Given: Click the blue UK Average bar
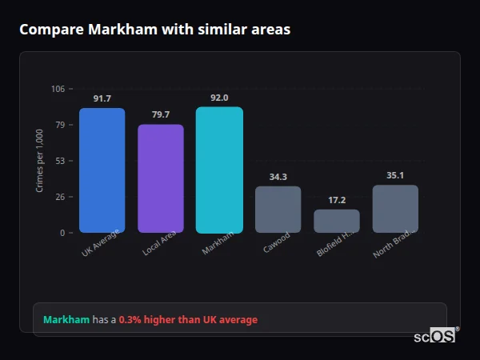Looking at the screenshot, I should (x=102, y=170).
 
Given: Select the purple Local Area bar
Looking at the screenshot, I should (x=161, y=178).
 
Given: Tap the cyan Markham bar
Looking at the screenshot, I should (x=219, y=170).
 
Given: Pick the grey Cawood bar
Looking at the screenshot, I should (x=278, y=210).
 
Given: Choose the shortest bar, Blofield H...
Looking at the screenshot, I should (x=337, y=221).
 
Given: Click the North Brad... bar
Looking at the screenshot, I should (x=395, y=209).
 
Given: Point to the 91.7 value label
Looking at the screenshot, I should (x=102, y=98).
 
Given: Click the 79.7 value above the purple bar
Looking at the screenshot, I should (x=161, y=114).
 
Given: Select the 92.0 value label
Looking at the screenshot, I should (x=219, y=98).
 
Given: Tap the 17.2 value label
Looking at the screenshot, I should (x=337, y=200).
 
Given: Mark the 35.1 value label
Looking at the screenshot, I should (x=395, y=175).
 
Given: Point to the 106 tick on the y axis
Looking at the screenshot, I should (x=58, y=89).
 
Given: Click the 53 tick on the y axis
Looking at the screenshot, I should (x=60, y=161).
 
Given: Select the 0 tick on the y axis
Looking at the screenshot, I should (x=62, y=233).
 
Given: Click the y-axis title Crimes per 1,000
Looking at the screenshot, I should (x=40, y=160).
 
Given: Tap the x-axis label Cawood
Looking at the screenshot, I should (x=277, y=243).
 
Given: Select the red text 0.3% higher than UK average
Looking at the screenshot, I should (x=188, y=320).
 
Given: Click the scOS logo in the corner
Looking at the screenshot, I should (x=435, y=336).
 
